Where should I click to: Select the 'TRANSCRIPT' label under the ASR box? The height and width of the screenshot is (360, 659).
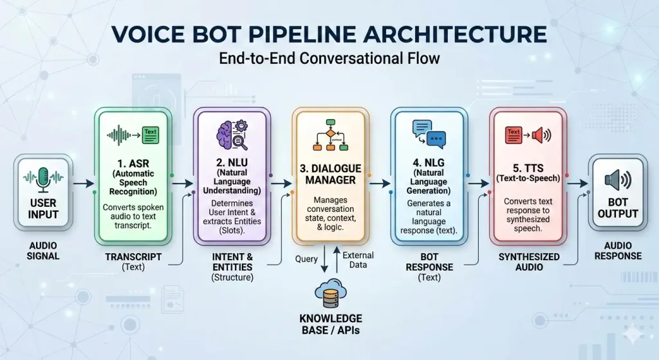133,256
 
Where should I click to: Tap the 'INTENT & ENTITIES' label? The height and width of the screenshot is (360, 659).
232,261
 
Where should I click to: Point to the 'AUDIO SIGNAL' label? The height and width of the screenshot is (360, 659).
44,251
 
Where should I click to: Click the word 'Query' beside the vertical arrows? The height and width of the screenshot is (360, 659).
306,259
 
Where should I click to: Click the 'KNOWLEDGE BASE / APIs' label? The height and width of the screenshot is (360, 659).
330,325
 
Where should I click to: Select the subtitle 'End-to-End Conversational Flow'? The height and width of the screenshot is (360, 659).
329,58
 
